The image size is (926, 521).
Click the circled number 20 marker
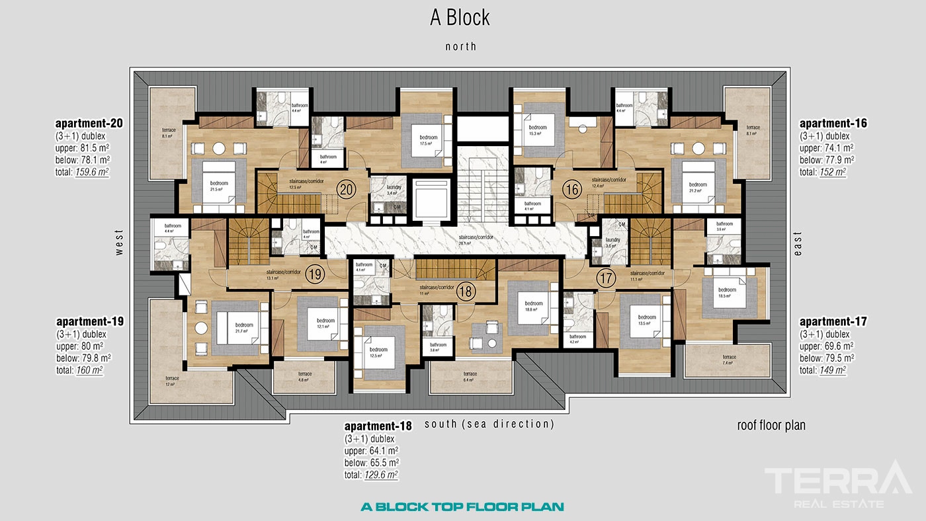345,190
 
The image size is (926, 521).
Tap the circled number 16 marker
571,190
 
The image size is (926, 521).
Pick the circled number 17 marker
605,278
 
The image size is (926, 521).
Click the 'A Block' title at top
460,18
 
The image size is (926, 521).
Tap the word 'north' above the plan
460,46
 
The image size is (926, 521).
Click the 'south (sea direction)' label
489,424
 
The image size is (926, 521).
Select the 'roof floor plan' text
771,425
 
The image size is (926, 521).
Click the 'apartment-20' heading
89,123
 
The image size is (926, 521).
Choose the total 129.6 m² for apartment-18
380,475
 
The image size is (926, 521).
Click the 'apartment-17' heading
833,322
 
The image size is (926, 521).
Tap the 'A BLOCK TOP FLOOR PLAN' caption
462,507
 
